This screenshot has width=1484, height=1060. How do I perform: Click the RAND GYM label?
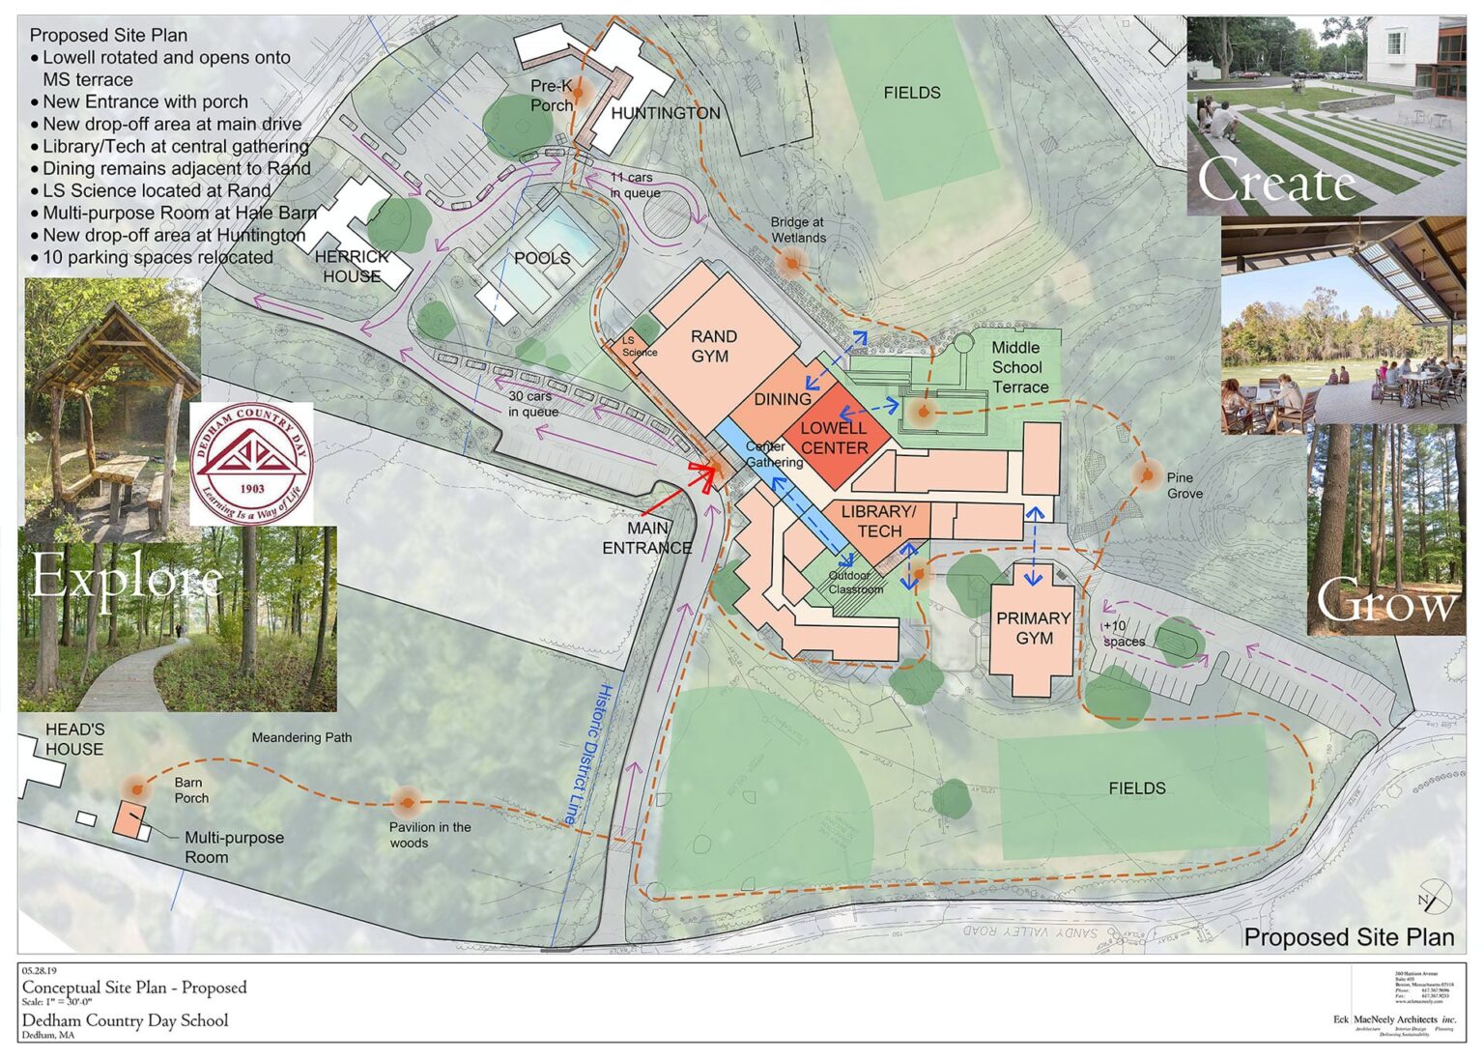click(713, 346)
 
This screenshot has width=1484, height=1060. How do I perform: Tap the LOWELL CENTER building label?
click(834, 438)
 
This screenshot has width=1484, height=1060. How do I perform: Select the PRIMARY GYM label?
click(1033, 628)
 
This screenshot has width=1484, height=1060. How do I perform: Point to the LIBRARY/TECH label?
click(878, 521)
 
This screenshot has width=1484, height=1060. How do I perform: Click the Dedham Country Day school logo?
click(251, 464)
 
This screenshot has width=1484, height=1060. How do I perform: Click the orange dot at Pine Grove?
click(1147, 474)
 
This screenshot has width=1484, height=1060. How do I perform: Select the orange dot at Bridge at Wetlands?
click(792, 263)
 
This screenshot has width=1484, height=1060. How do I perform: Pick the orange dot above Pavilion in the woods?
click(406, 800)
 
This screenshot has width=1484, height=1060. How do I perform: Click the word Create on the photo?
click(1276, 181)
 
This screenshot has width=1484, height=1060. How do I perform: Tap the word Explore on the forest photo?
click(127, 579)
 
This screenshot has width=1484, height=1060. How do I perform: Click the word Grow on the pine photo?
click(1386, 603)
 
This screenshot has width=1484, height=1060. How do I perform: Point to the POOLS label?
click(542, 259)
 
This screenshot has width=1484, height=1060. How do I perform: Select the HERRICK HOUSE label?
click(352, 267)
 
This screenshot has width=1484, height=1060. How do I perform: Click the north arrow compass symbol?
click(1434, 898)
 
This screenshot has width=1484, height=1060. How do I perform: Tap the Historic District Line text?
click(587, 755)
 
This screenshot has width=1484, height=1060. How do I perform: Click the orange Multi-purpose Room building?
click(128, 818)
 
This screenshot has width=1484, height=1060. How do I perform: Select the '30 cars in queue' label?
click(532, 404)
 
